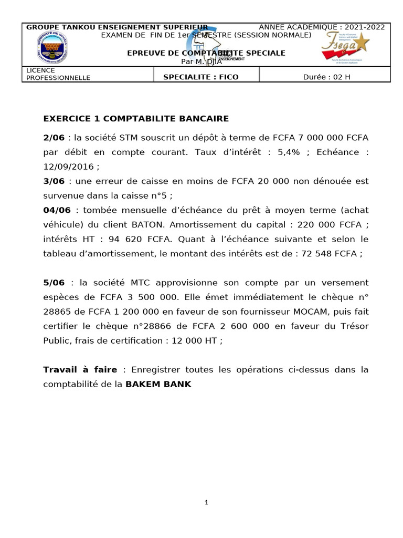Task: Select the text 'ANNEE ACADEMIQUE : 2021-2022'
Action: (x=322, y=27)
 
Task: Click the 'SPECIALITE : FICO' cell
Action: (x=200, y=77)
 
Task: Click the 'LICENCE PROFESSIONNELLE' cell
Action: (x=58, y=74)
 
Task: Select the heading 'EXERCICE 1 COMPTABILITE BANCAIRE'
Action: (x=136, y=119)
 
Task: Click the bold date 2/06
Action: (x=54, y=138)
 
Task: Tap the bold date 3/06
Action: (x=54, y=181)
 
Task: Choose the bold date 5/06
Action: (x=54, y=283)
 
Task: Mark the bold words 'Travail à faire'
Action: (x=80, y=370)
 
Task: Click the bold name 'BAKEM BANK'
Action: (x=158, y=384)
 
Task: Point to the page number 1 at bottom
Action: (x=207, y=503)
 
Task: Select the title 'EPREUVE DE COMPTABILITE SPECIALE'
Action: (x=207, y=53)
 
